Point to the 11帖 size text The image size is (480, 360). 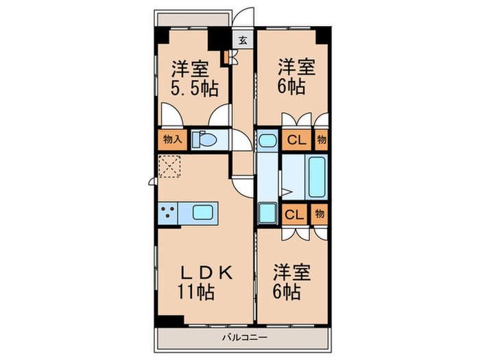(x=197, y=293)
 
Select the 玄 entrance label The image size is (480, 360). (x=243, y=40)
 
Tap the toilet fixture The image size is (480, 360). (x=204, y=140)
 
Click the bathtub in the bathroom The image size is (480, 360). (x=316, y=176)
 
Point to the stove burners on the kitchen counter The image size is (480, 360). (x=168, y=213)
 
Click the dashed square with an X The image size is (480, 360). (x=169, y=167)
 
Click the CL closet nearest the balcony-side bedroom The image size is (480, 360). (x=294, y=213)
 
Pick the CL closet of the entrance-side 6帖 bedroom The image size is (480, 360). (x=296, y=140)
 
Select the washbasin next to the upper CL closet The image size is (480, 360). (x=267, y=141)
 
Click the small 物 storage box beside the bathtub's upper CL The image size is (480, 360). (x=321, y=140)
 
